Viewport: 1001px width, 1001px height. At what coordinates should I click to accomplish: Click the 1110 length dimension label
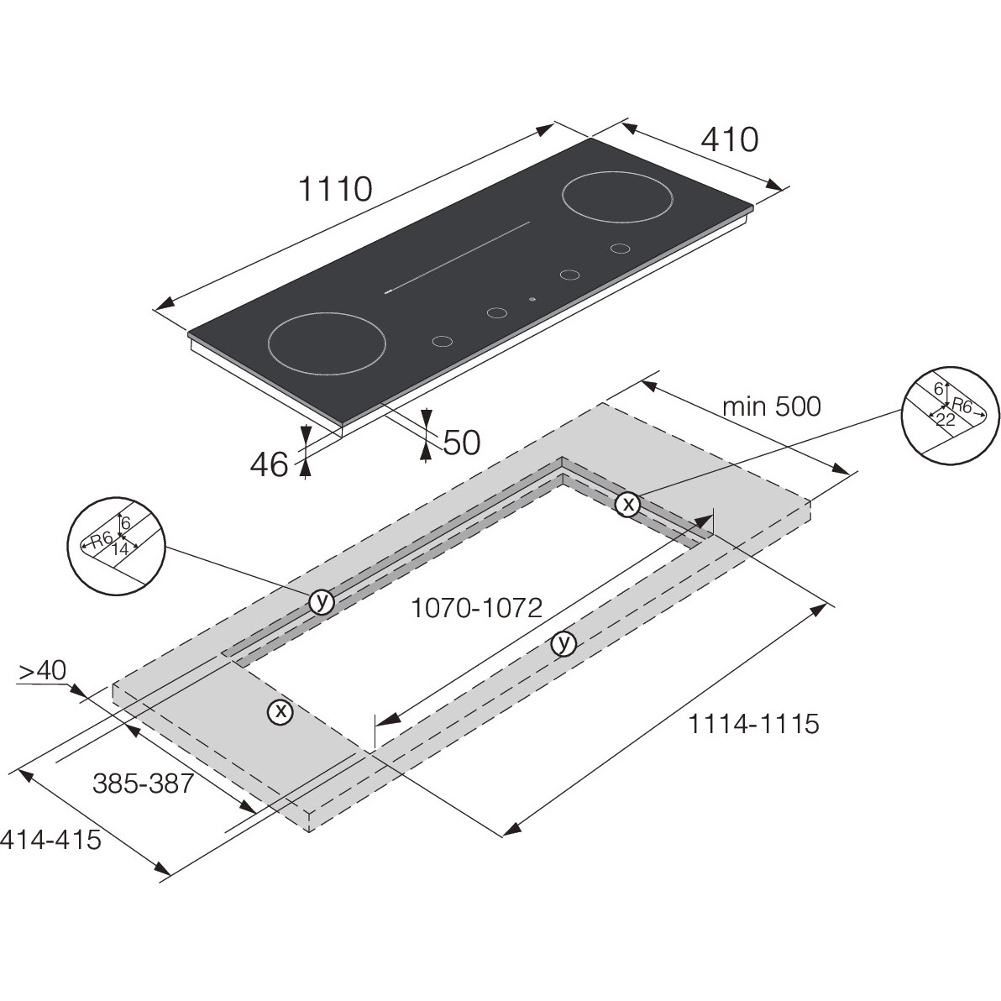pos(335,189)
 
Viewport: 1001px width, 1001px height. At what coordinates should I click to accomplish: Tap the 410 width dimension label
pos(730,139)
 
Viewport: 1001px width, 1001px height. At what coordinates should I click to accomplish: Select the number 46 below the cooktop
pos(269,464)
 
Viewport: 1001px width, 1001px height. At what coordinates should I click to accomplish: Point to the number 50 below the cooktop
pos(461,443)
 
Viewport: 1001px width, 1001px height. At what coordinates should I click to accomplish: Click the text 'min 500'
pos(771,406)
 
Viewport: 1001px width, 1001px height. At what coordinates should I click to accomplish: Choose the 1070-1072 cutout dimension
pos(476,608)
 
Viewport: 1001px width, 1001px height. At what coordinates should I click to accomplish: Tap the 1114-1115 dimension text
pos(752,724)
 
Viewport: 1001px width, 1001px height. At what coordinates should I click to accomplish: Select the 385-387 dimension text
pos(143,783)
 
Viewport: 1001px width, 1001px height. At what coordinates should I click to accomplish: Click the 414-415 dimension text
pos(50,839)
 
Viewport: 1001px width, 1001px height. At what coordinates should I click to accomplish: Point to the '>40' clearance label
pos(42,671)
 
